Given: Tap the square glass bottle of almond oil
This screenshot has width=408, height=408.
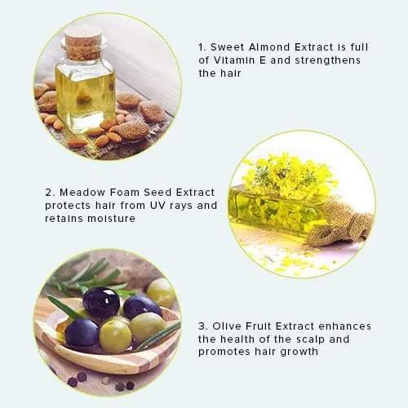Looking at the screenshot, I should tap(84, 90).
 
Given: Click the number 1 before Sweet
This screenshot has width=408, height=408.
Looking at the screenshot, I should tap(202, 47).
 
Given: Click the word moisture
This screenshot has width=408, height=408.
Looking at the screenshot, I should tap(114, 218).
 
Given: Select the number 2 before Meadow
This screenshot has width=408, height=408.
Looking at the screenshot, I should tap(50, 192).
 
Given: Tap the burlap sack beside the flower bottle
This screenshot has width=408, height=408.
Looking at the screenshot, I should tap(343, 222).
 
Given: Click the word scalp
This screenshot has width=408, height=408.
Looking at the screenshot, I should tap(304, 339).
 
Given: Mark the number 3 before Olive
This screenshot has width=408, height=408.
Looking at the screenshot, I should tap(202, 326).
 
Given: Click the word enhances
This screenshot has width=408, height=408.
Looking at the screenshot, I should tap(340, 326).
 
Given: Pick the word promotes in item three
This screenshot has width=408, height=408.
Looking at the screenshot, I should tap(227, 352).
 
